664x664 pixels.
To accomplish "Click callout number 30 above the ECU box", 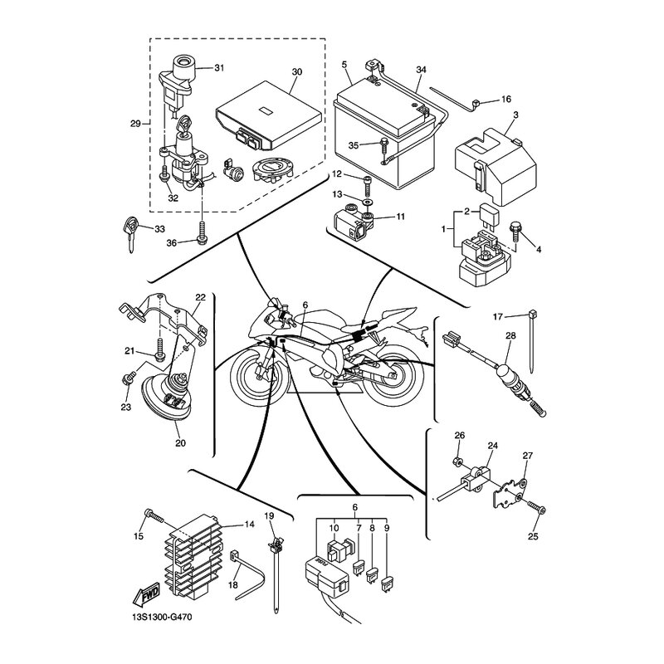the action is (297, 71).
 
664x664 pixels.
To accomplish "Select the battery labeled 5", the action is (384, 134).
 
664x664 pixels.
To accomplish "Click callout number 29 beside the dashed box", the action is (135, 124).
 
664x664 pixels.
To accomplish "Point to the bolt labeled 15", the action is (154, 515).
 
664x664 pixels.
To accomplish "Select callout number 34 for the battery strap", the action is (421, 70).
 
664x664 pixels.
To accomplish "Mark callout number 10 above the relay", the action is (334, 528).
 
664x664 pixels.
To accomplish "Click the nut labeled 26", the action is (457, 461).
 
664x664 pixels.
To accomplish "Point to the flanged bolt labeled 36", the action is (203, 234).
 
